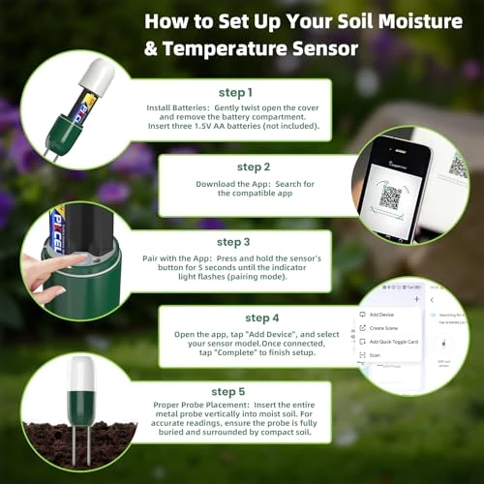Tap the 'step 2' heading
(x=253, y=166)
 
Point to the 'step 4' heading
(x=262, y=318)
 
